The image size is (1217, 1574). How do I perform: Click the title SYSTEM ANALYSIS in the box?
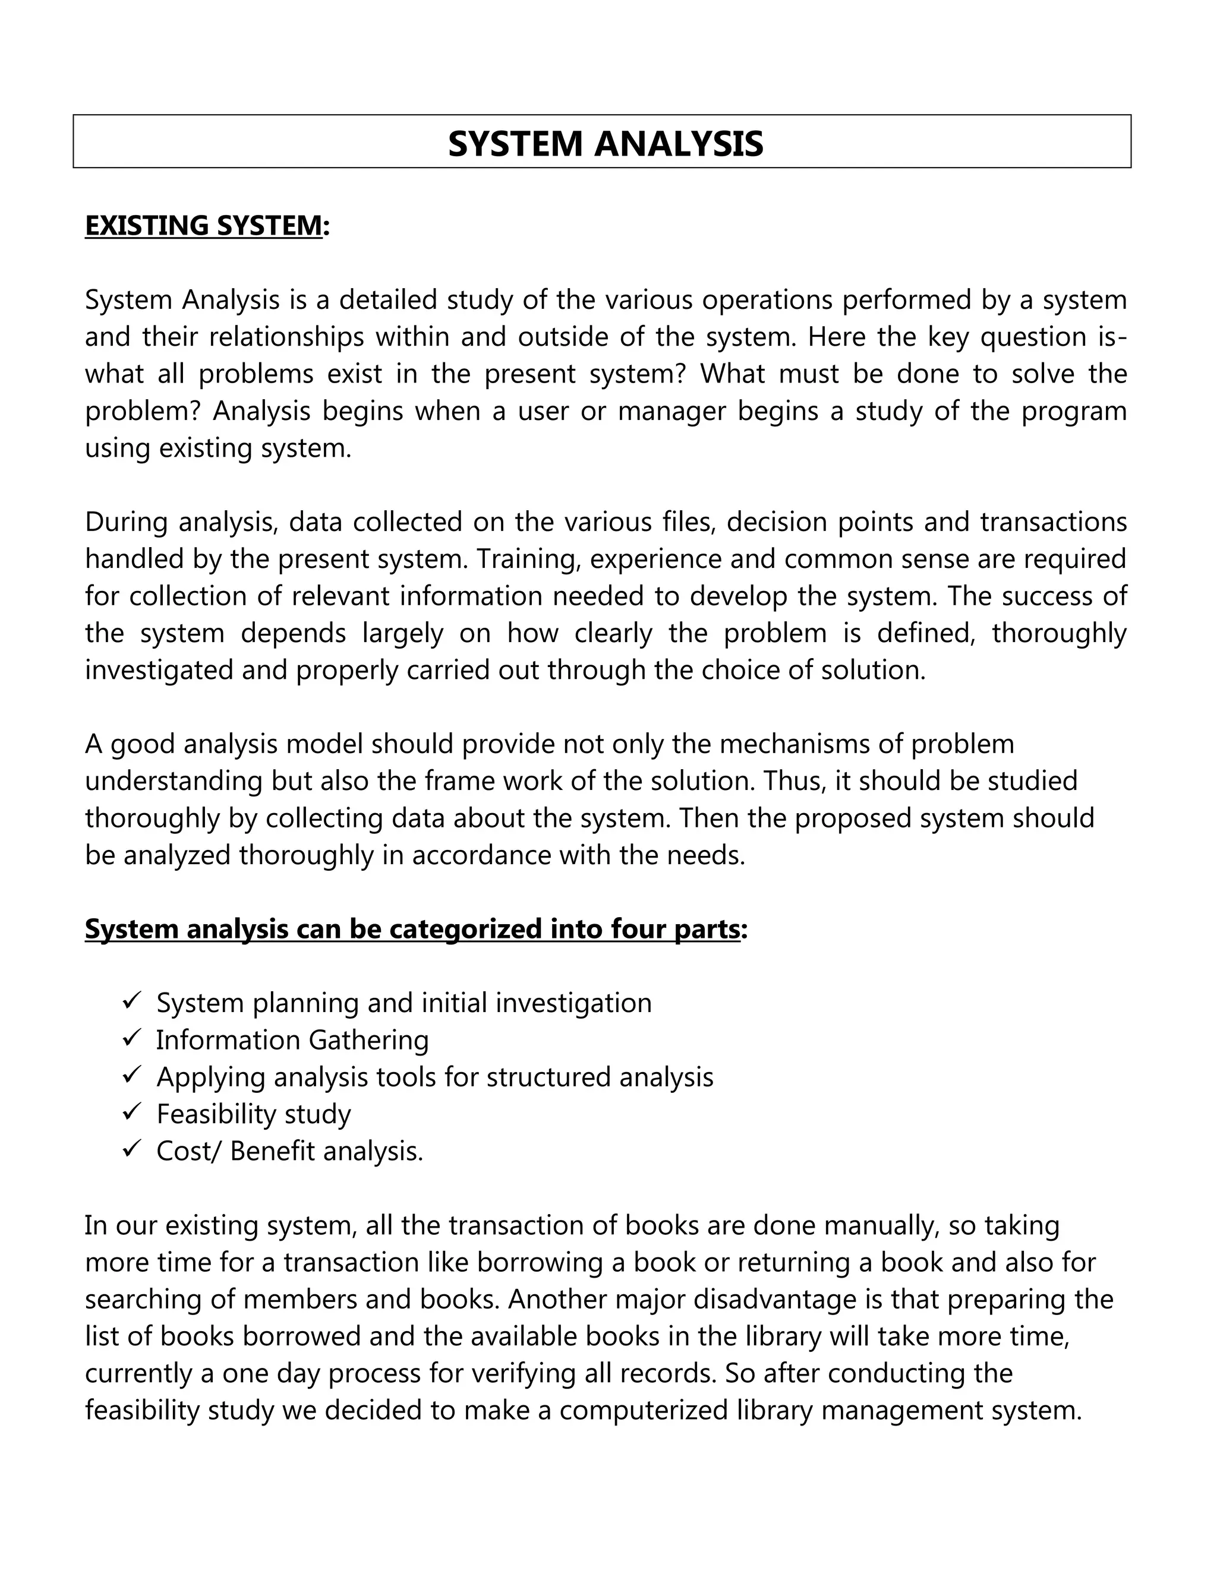point(605,143)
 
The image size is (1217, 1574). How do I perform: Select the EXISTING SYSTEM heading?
point(203,226)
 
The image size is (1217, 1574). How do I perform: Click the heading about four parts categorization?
point(412,929)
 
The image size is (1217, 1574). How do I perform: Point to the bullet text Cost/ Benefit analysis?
point(289,1151)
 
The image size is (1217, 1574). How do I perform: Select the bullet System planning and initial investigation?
point(403,1003)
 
